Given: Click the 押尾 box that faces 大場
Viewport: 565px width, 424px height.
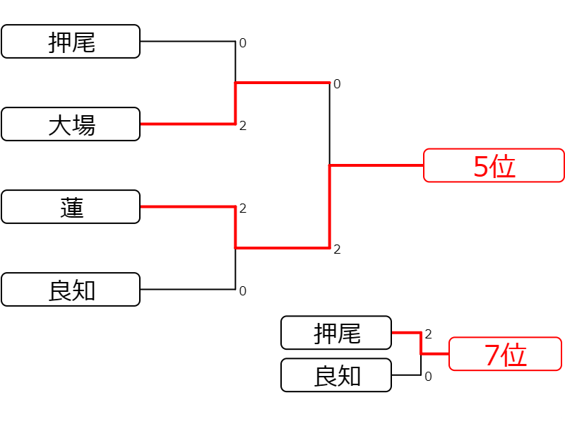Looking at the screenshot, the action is (x=71, y=42).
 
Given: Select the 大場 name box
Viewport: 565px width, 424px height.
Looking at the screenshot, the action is (x=71, y=124).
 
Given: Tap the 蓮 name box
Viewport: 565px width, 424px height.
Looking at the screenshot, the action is (x=71, y=207).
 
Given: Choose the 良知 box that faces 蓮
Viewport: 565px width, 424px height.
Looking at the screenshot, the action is (x=71, y=290).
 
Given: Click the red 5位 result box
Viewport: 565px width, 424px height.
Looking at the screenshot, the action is (x=494, y=165).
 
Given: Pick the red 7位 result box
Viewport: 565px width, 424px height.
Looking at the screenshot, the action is (x=505, y=354).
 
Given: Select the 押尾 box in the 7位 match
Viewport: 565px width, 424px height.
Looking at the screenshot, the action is (x=336, y=333).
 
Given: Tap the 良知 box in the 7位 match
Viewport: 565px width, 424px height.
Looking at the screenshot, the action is (x=336, y=375).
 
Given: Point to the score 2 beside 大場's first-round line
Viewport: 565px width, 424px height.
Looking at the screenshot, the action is (x=243, y=126).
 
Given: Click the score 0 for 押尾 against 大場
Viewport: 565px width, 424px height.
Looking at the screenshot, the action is (x=243, y=43).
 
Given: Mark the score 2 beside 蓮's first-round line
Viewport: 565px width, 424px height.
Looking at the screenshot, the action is (x=243, y=208).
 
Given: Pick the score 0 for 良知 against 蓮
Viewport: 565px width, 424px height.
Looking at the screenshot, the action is (x=243, y=291).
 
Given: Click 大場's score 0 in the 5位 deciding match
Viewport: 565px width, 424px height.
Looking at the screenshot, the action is (x=337, y=84).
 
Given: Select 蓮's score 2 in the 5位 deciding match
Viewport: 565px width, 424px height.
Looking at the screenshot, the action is (x=337, y=249).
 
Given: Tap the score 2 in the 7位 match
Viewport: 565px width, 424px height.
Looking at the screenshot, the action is (x=428, y=334).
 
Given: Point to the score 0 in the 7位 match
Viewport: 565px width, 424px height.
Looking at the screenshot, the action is (x=428, y=377).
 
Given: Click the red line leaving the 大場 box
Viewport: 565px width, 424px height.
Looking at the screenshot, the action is (x=188, y=124).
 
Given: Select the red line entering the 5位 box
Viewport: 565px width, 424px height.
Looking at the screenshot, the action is (x=376, y=165).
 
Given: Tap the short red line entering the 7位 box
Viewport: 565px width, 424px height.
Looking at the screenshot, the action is (x=435, y=354).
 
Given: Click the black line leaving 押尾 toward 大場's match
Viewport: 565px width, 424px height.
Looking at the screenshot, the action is (x=188, y=42).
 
